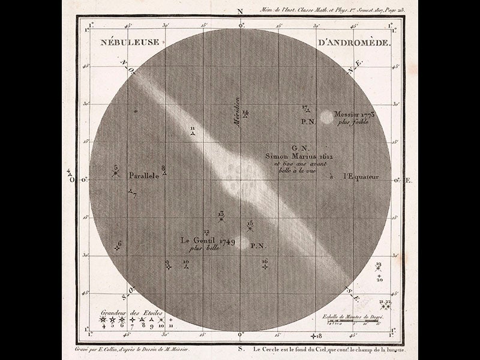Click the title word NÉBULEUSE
(x=128, y=43)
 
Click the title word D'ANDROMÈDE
(x=352, y=43)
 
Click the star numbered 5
(x=116, y=174)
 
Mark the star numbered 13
(x=221, y=220)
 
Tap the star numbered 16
(x=265, y=267)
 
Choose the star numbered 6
(x=117, y=248)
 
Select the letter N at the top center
(x=241, y=11)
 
